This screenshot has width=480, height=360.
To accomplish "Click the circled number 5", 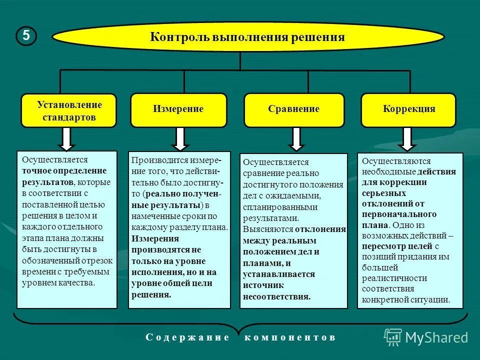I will [26, 36].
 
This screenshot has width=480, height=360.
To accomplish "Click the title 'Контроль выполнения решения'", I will [247, 37].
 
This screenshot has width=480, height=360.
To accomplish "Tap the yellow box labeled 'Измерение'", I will [178, 109].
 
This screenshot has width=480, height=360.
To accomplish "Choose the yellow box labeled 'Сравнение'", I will [293, 109].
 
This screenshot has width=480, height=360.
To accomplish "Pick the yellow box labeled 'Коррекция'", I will [408, 109].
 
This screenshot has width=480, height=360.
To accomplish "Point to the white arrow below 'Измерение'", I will [180, 139].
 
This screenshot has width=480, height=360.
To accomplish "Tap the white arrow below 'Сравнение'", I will [296, 139].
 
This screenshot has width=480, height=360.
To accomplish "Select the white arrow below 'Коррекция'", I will [407, 139].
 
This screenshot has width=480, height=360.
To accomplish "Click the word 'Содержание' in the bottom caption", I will [187, 337].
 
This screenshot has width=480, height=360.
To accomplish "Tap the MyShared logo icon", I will [392, 337].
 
